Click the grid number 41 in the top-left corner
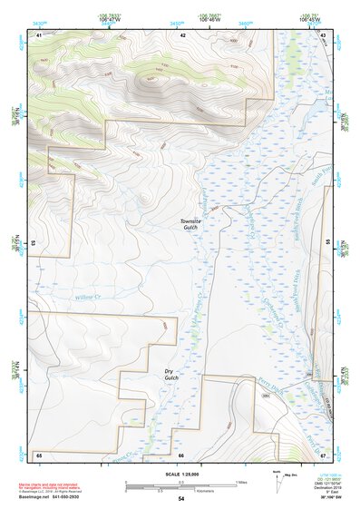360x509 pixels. tap(39, 34)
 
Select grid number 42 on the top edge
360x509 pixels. tap(182, 34)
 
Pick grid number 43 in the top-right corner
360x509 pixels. tap(323, 34)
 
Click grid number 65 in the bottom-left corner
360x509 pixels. tap(39, 454)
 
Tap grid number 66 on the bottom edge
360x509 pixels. tap(181, 454)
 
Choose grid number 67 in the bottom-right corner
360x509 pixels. tap(323, 454)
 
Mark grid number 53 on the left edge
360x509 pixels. tap(34, 243)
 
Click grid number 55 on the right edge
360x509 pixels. tap(328, 243)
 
